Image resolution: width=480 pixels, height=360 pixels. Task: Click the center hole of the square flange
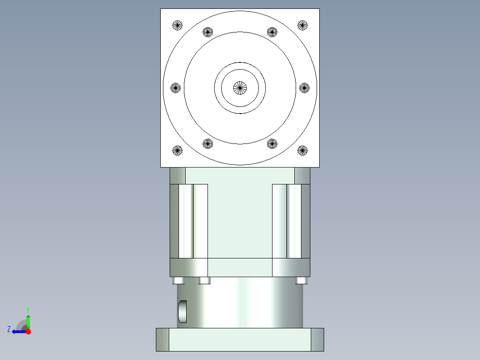click(x=240, y=88)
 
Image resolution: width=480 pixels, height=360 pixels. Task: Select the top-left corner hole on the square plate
click(x=177, y=25)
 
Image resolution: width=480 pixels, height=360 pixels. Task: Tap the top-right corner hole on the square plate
click(x=303, y=25)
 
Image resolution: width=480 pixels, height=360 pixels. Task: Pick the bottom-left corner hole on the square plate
click(x=177, y=151)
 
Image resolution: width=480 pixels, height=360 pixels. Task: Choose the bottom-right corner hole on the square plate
click(x=303, y=151)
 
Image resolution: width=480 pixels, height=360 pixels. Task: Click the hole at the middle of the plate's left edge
click(x=176, y=88)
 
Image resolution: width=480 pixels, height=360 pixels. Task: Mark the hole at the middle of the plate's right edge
click(x=304, y=88)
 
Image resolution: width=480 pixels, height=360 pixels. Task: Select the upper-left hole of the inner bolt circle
click(x=208, y=32)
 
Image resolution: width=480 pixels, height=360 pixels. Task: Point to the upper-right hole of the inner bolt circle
click(x=272, y=32)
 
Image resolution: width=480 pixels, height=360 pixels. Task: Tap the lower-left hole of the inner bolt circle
click(x=208, y=143)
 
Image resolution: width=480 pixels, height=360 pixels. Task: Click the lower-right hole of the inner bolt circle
click(x=272, y=143)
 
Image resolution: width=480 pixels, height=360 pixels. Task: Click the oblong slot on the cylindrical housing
click(x=183, y=311)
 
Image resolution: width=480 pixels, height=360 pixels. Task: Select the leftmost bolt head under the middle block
click(x=179, y=280)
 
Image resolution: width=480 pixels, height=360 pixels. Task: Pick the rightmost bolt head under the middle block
click(x=301, y=280)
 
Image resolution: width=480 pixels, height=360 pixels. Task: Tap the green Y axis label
click(x=28, y=309)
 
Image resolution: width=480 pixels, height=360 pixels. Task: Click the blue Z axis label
click(x=9, y=329)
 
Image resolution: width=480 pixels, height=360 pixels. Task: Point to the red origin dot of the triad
click(x=28, y=331)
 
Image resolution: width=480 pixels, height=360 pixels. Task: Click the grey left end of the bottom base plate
click(x=163, y=340)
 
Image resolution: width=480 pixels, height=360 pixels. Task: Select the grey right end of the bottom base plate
click(x=317, y=340)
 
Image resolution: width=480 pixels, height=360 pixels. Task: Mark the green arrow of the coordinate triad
click(x=28, y=321)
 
